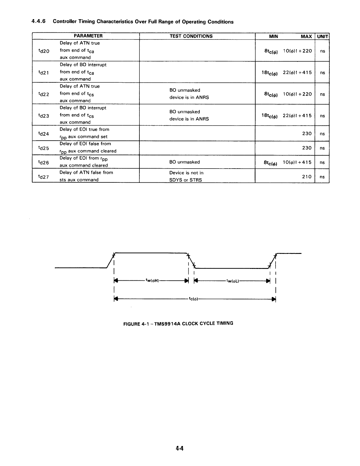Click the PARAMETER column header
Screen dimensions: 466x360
pyautogui.click(x=88, y=36)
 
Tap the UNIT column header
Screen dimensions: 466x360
pyautogui.click(x=322, y=36)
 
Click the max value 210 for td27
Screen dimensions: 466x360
pyautogui.click(x=307, y=177)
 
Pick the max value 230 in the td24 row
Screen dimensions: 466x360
pyautogui.click(x=307, y=134)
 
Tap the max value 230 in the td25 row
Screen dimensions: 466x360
pyautogui.click(x=307, y=148)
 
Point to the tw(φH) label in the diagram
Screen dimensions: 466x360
pyautogui.click(x=152, y=280)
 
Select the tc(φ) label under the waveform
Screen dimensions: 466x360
pyautogui.click(x=193, y=299)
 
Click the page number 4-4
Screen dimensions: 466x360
pyautogui.click(x=179, y=448)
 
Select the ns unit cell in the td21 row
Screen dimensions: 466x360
pyautogui.click(x=322, y=73)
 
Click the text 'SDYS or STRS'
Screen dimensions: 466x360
pyautogui.click(x=186, y=180)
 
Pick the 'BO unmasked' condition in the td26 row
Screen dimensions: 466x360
pyautogui.click(x=184, y=162)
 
